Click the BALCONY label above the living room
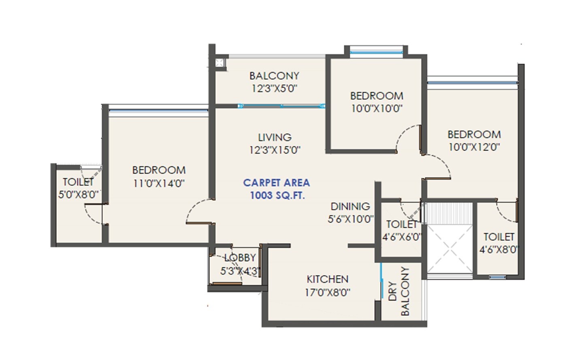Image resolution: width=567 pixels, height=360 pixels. pos(274,76)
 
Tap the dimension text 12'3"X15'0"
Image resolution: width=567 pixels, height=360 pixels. pos(275,150)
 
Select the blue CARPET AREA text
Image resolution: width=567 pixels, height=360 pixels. pos(277,183)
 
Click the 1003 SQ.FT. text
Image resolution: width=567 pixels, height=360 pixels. pos(277,196)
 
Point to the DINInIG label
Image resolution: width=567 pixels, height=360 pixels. pos(350,207)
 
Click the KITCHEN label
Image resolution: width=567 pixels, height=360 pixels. pos(327,279)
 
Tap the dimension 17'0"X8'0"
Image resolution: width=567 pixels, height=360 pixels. pos(327,292)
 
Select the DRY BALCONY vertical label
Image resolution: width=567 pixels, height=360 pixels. pos(399,291)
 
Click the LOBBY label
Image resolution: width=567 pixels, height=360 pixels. pos(240,258)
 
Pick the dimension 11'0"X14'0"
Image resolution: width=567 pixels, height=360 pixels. pos(159,183)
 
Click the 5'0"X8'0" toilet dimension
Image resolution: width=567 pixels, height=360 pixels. pos(78,194)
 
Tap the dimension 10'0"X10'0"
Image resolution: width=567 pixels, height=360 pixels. pos(377,109)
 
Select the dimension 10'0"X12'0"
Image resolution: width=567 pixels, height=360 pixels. pos(474,147)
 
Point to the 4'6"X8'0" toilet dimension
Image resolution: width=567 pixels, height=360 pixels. pos(499,249)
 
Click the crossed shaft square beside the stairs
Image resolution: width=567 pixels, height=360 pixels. pos(450,249)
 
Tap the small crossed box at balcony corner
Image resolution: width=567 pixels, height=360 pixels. pos(220,63)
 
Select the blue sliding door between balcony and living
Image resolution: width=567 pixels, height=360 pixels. pos(281,106)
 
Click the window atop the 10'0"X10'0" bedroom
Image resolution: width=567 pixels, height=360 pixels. pos(376,51)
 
